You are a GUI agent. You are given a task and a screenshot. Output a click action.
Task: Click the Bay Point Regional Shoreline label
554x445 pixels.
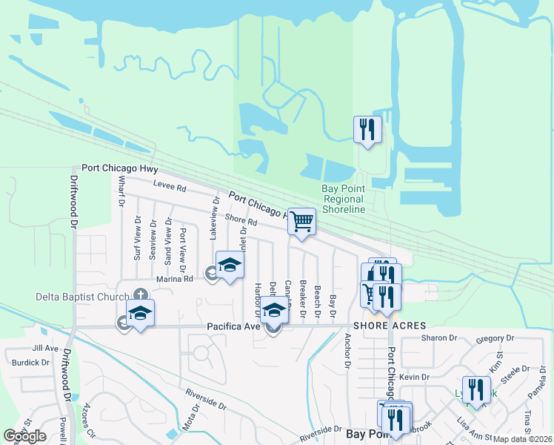click(x=343, y=199)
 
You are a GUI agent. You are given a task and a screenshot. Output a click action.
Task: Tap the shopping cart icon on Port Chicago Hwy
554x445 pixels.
click(x=301, y=220)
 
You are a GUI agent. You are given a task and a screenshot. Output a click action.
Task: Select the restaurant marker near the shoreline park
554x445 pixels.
click(x=367, y=129)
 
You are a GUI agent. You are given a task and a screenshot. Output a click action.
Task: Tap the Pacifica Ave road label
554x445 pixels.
click(x=233, y=326)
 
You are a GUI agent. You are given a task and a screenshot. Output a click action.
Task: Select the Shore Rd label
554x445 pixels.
click(x=240, y=220)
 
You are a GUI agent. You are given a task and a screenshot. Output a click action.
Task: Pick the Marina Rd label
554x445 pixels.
click(x=175, y=279)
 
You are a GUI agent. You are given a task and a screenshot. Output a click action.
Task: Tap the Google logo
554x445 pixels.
click(x=24, y=436)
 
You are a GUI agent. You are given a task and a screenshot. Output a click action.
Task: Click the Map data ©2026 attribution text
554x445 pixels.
click(x=522, y=439)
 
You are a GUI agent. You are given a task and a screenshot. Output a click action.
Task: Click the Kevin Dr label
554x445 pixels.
click(x=415, y=378)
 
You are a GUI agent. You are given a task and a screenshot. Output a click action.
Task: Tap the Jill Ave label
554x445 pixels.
click(x=45, y=348)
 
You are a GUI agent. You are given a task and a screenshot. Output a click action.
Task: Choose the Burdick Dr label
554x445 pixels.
click(x=30, y=363)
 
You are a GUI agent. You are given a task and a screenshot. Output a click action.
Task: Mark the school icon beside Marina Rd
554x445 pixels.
click(x=230, y=265)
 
